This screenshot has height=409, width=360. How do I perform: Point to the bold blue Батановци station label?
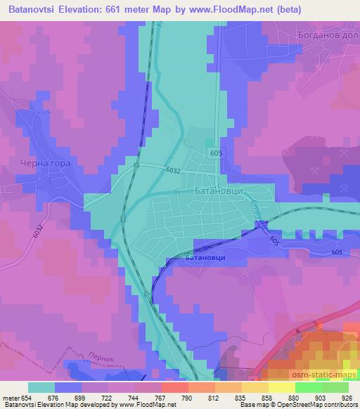(x=205, y=258)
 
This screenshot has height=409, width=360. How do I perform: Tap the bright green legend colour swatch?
(x=309, y=387)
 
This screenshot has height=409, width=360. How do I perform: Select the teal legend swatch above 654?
(x=41, y=387)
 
